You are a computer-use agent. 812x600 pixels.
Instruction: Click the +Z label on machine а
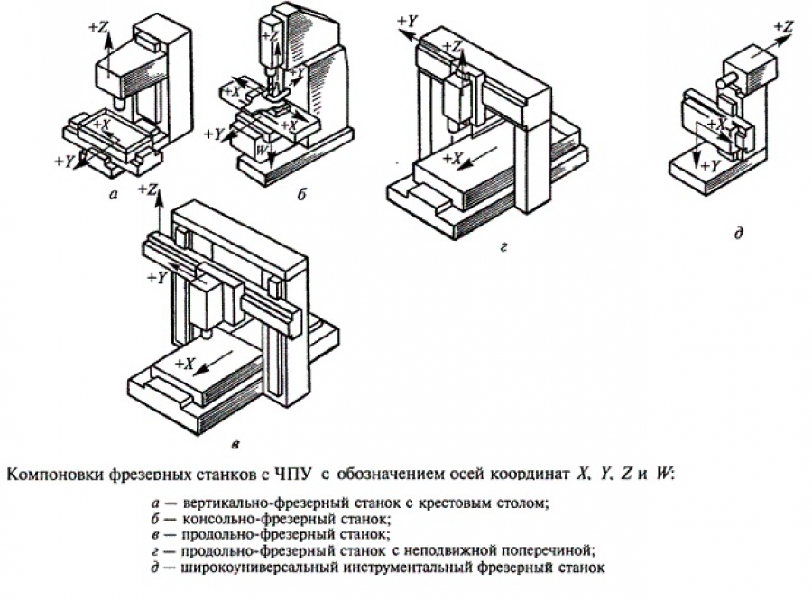(x=98, y=28)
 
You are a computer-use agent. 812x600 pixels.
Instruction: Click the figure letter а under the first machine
(x=113, y=193)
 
